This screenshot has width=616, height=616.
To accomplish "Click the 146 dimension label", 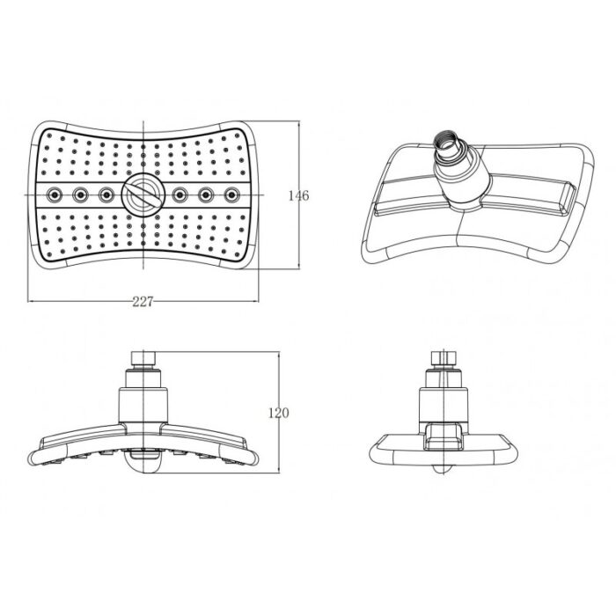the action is [x=298, y=195].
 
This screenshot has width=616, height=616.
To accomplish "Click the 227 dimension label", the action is [x=143, y=302].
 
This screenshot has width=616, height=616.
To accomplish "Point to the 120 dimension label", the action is [x=279, y=413].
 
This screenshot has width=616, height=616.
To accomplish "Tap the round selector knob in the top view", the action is [x=141, y=194].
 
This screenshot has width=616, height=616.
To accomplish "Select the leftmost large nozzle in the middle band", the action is [x=55, y=194].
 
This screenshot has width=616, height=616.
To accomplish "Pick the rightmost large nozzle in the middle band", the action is [x=231, y=194].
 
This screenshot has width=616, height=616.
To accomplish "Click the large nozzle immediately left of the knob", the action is [x=106, y=194].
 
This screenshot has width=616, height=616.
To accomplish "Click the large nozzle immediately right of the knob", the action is [x=180, y=194].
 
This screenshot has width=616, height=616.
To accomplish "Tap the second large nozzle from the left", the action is [x=80, y=194].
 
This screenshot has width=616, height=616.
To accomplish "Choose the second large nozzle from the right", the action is [x=206, y=194].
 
